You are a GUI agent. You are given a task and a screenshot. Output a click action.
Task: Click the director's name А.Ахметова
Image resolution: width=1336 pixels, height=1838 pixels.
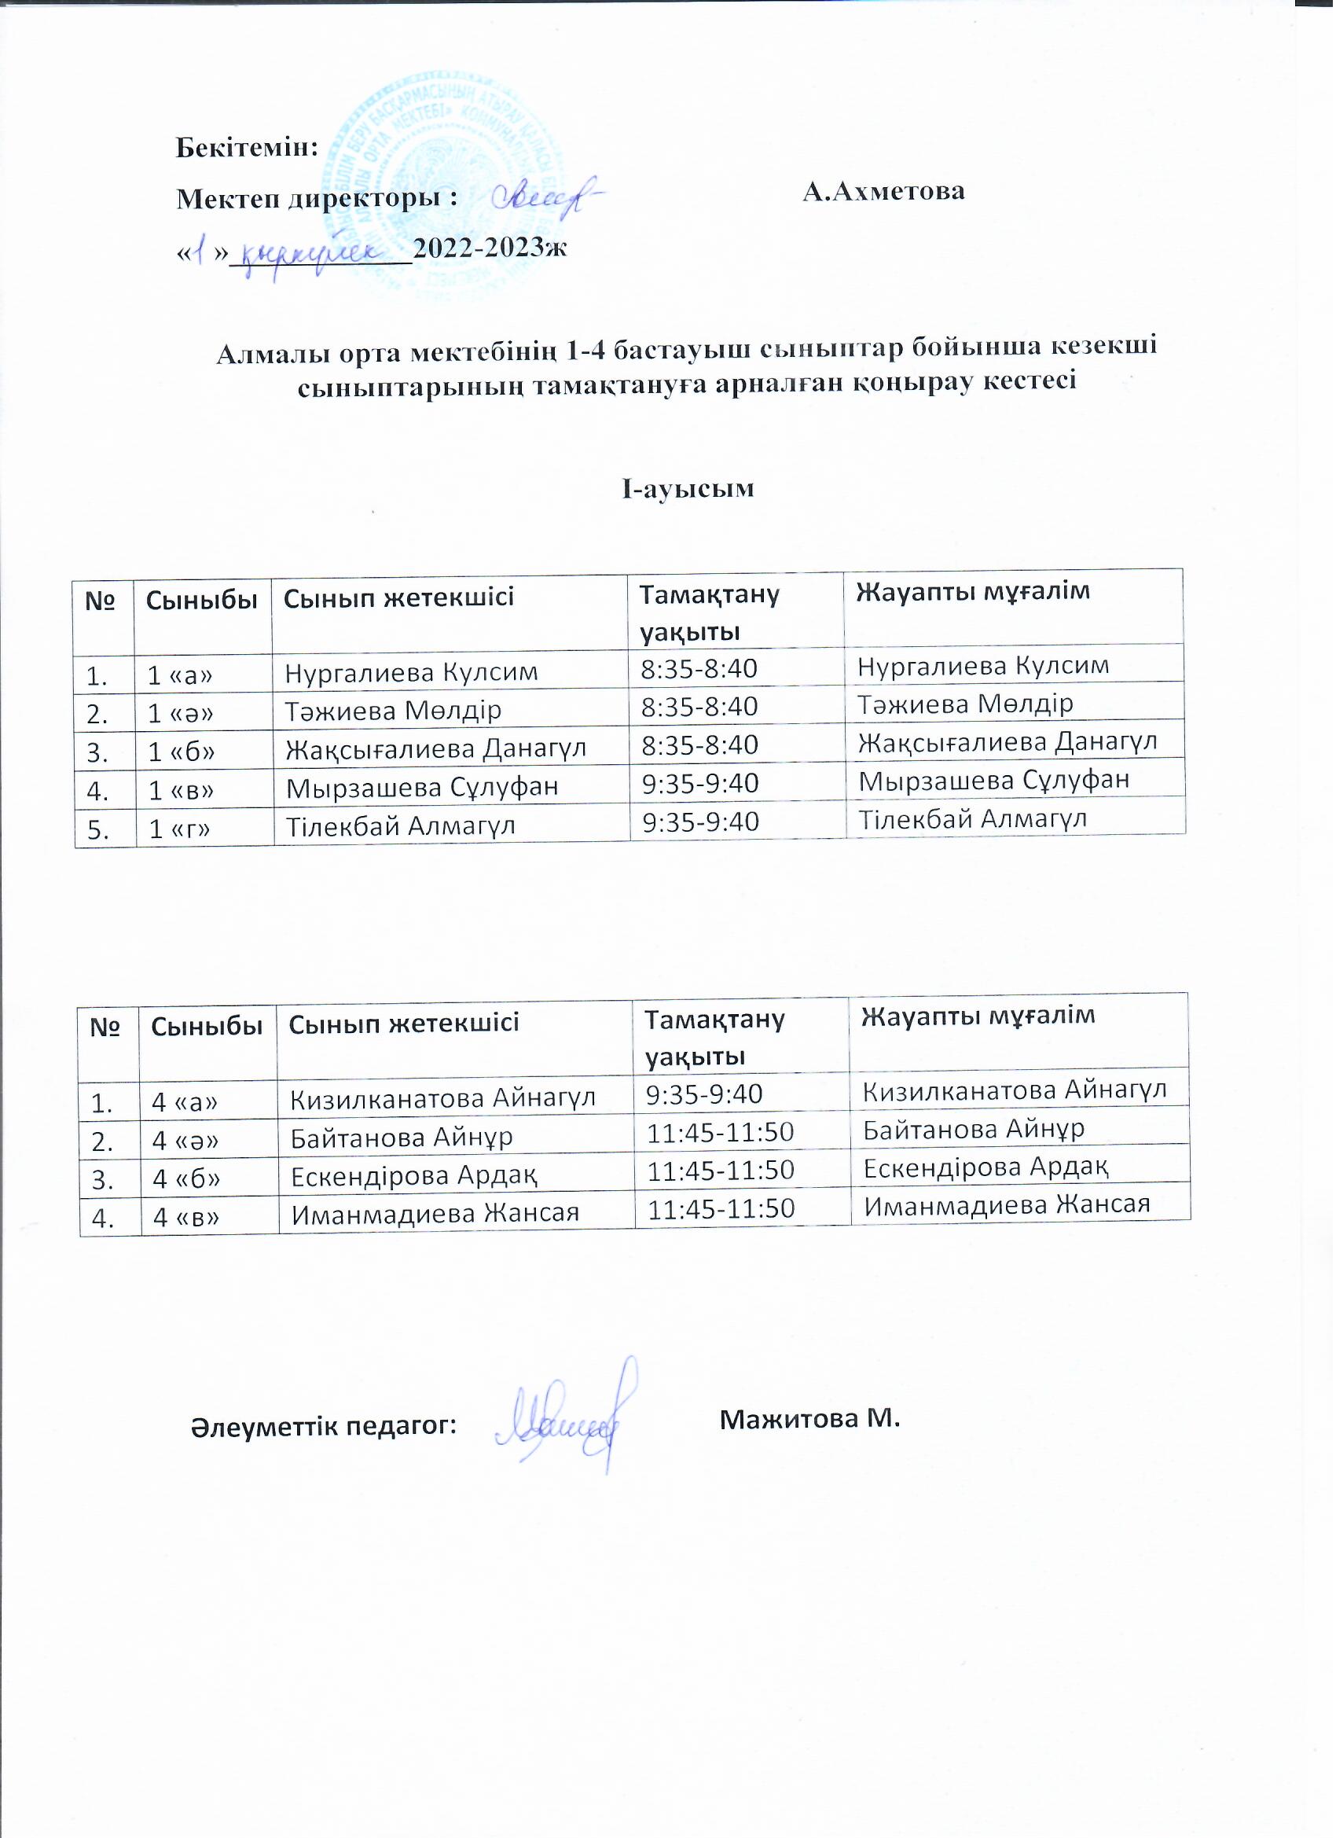(884, 191)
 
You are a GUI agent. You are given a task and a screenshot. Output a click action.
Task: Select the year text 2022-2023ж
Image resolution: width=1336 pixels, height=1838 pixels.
(490, 247)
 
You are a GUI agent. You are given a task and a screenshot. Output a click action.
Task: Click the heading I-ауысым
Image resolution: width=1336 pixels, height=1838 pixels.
(688, 488)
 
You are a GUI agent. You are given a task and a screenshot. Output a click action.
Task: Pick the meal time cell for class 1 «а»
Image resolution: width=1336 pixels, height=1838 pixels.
(699, 669)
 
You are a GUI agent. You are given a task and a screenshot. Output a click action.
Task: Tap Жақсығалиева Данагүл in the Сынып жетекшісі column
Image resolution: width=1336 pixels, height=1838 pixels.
(436, 749)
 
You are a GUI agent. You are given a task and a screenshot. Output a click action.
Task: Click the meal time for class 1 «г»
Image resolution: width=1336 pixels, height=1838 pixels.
(701, 822)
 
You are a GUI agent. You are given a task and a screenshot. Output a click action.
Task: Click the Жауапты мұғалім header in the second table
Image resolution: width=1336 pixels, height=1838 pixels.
(978, 1016)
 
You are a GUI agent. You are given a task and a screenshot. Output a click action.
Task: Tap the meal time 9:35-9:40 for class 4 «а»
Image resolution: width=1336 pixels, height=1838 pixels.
(704, 1095)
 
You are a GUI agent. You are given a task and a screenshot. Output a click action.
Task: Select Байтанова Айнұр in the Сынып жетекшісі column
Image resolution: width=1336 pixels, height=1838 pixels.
(402, 1138)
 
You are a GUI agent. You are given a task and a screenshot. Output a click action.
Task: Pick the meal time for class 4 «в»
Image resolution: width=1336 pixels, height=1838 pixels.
(720, 1209)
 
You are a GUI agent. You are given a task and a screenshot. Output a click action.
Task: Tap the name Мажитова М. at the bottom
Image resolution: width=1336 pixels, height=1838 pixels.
(810, 1420)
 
